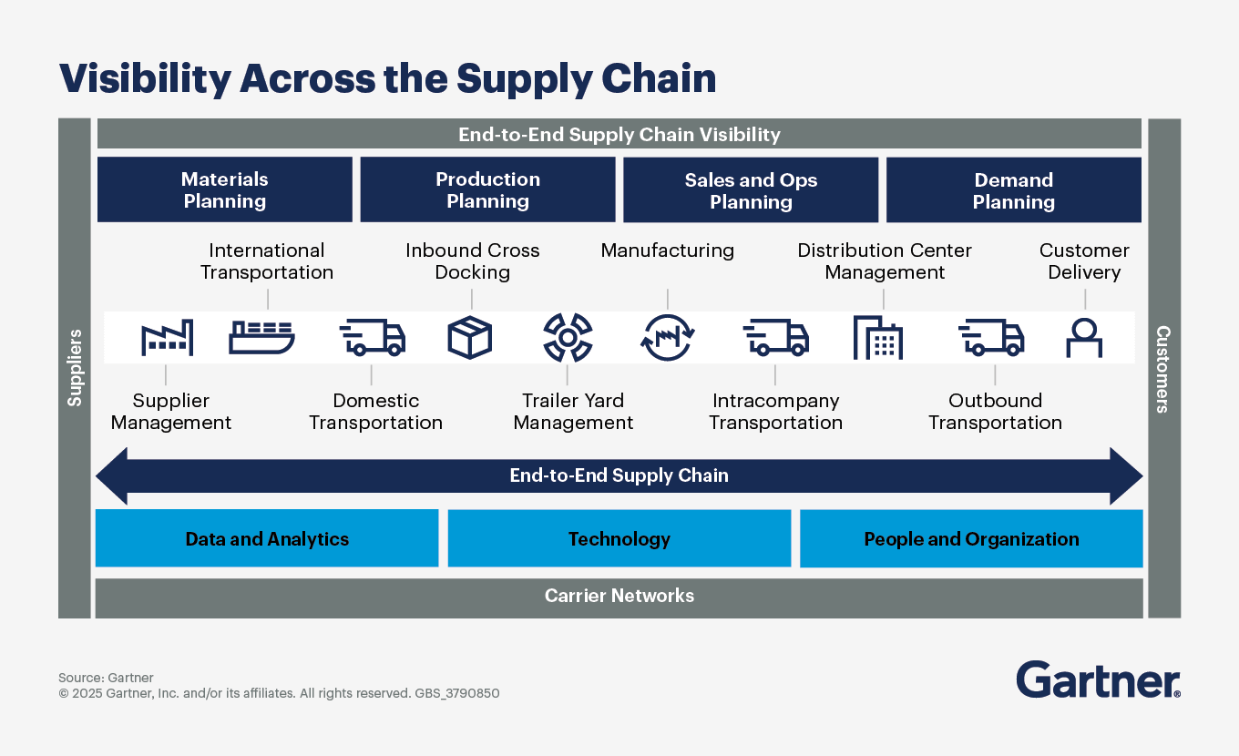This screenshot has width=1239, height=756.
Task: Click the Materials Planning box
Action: (224, 189)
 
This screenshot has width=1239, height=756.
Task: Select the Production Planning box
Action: (487, 189)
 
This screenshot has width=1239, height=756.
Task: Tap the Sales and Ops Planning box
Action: (751, 189)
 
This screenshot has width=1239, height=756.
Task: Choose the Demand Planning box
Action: (1013, 189)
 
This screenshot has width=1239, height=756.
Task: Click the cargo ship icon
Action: (261, 337)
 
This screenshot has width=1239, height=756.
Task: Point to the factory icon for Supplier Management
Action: (167, 337)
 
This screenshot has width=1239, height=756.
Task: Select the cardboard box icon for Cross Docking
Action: (470, 338)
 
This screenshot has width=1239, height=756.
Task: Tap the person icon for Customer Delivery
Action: (1084, 338)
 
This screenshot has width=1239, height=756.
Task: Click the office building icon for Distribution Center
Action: (877, 337)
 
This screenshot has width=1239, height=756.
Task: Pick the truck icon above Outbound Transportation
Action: (991, 337)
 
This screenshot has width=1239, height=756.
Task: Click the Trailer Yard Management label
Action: (573, 412)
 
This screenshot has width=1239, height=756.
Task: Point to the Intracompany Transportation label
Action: (775, 412)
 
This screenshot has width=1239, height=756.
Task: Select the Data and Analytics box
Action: (267, 538)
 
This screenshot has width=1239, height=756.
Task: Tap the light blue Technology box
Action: (619, 538)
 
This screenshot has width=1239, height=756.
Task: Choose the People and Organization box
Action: (971, 538)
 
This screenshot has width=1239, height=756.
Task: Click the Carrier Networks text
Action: (619, 596)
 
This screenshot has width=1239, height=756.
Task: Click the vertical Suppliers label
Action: (75, 367)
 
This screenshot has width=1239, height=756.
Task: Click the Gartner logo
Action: (1098, 680)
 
